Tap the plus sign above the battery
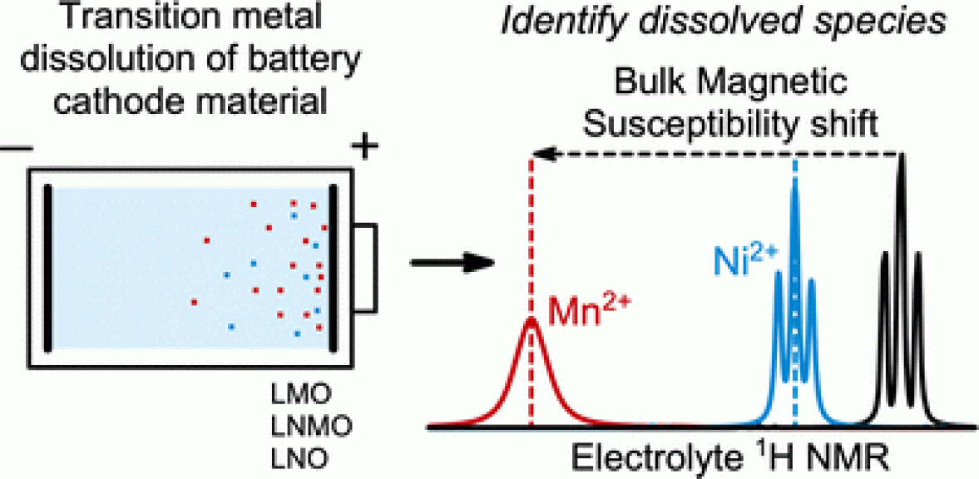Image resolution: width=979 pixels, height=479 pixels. pos(362,149)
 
